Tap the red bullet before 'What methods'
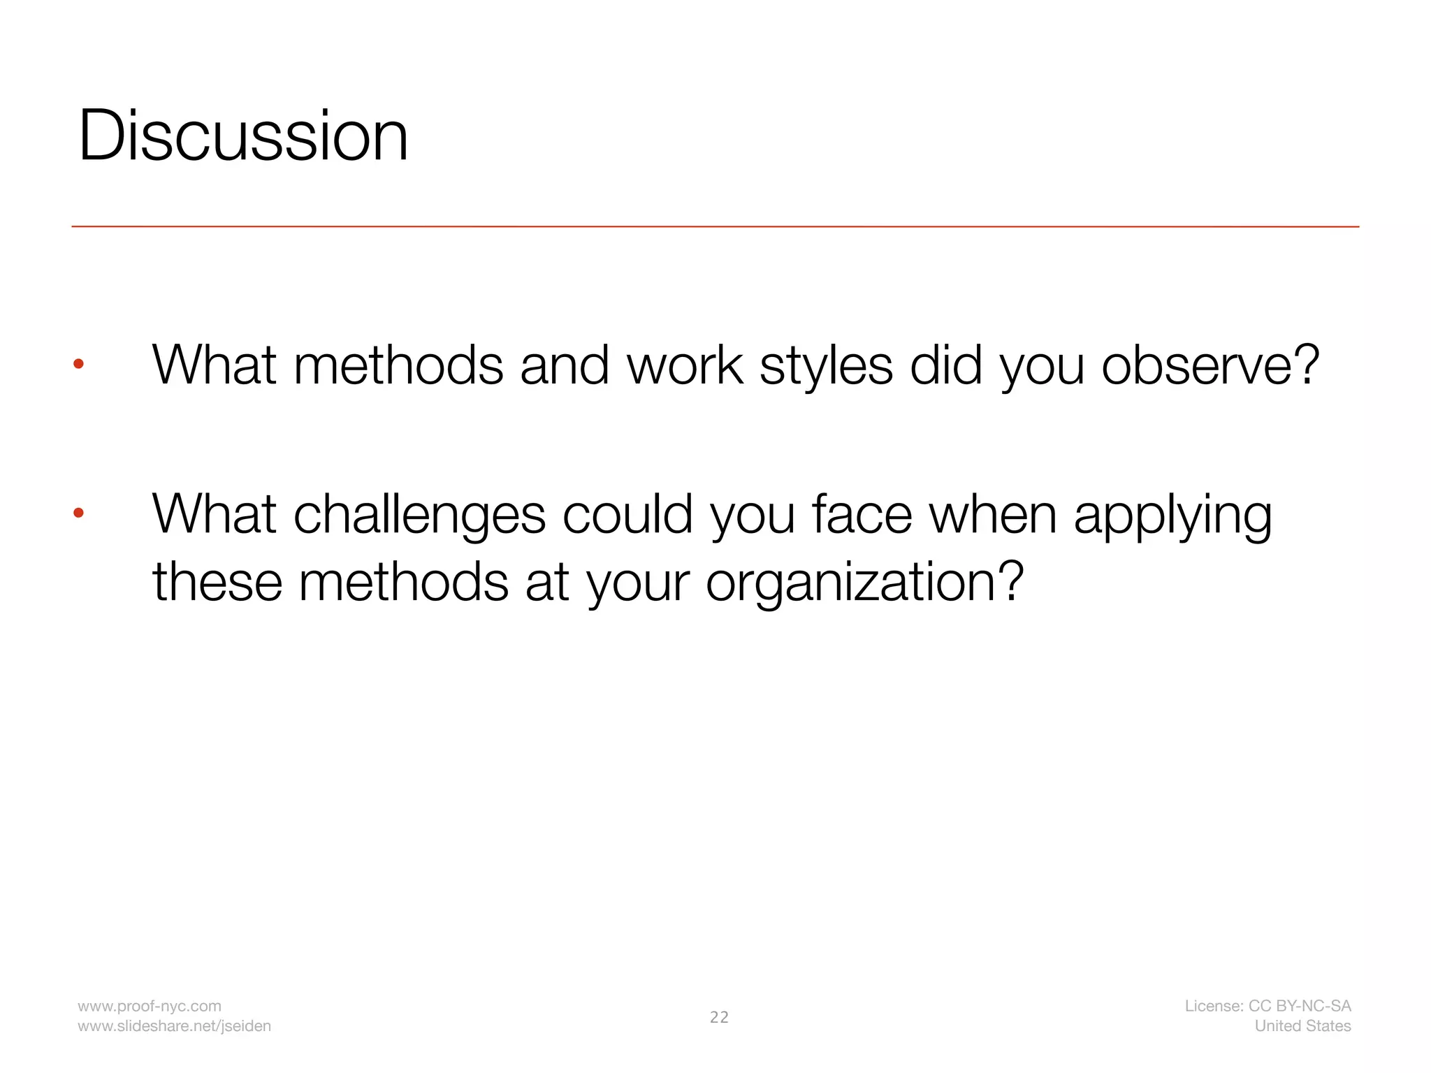tap(79, 364)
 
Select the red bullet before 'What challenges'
tap(79, 513)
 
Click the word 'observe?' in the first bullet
tap(1210, 365)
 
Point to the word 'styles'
tap(826, 365)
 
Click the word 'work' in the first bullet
tap(685, 365)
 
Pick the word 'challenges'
tap(419, 516)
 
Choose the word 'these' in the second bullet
tap(217, 583)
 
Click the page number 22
tap(719, 1017)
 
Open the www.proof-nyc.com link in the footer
tap(150, 1006)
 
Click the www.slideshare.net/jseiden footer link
tap(174, 1026)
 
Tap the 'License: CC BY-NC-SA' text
tap(1267, 1006)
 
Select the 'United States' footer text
tap(1302, 1026)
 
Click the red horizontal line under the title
tap(715, 227)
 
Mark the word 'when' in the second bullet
tap(993, 514)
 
